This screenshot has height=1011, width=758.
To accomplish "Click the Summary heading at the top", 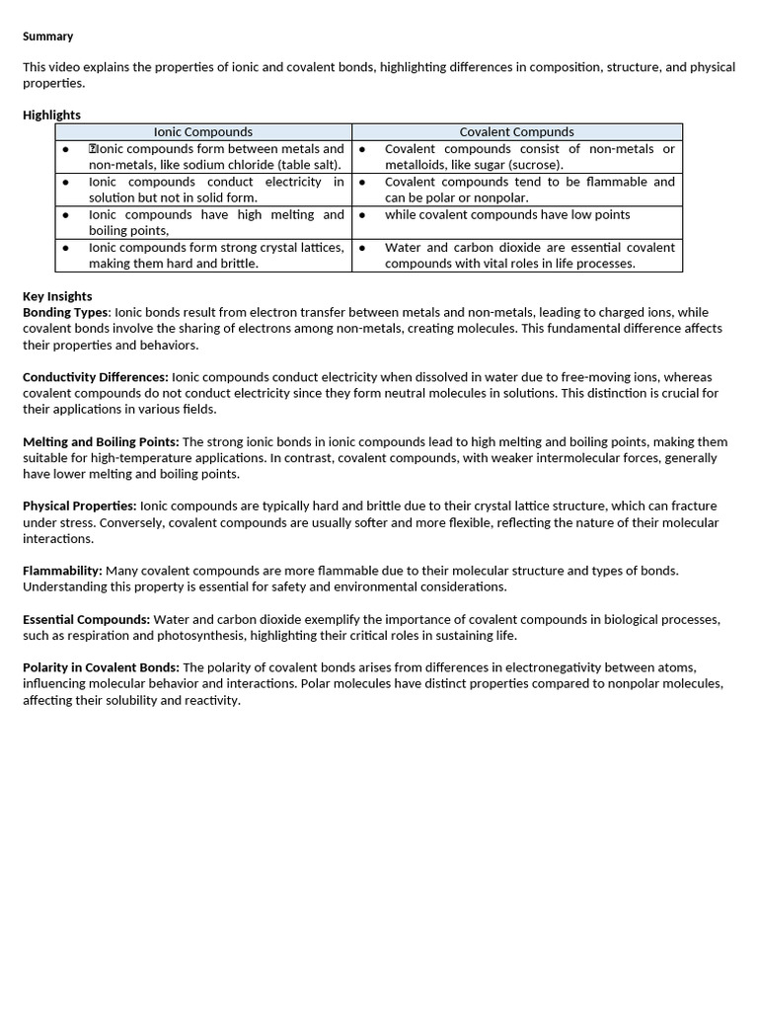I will pyautogui.click(x=47, y=37).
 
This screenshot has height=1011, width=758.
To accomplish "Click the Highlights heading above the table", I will pyautogui.click(x=51, y=116).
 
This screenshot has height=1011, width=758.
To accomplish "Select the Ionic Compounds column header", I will pyautogui.click(x=203, y=131).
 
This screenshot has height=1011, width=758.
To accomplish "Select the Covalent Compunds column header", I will pyautogui.click(x=516, y=131).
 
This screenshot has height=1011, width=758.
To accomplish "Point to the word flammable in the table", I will pyautogui.click(x=614, y=182).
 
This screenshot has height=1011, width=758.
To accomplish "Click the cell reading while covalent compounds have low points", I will pyautogui.click(x=506, y=214).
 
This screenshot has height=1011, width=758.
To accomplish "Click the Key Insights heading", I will pyautogui.click(x=57, y=296).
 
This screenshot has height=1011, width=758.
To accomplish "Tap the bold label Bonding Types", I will pyautogui.click(x=66, y=312).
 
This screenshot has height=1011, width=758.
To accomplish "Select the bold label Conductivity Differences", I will pyautogui.click(x=96, y=377).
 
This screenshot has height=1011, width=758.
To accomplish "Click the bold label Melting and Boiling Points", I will pyautogui.click(x=101, y=442).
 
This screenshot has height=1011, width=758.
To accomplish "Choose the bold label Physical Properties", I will pyautogui.click(x=80, y=506).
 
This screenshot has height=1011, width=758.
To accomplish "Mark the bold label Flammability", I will pyautogui.click(x=62, y=571).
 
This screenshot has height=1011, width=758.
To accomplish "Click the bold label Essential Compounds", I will pyautogui.click(x=86, y=619).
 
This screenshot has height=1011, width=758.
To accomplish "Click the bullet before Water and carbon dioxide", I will pyautogui.click(x=362, y=248).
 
